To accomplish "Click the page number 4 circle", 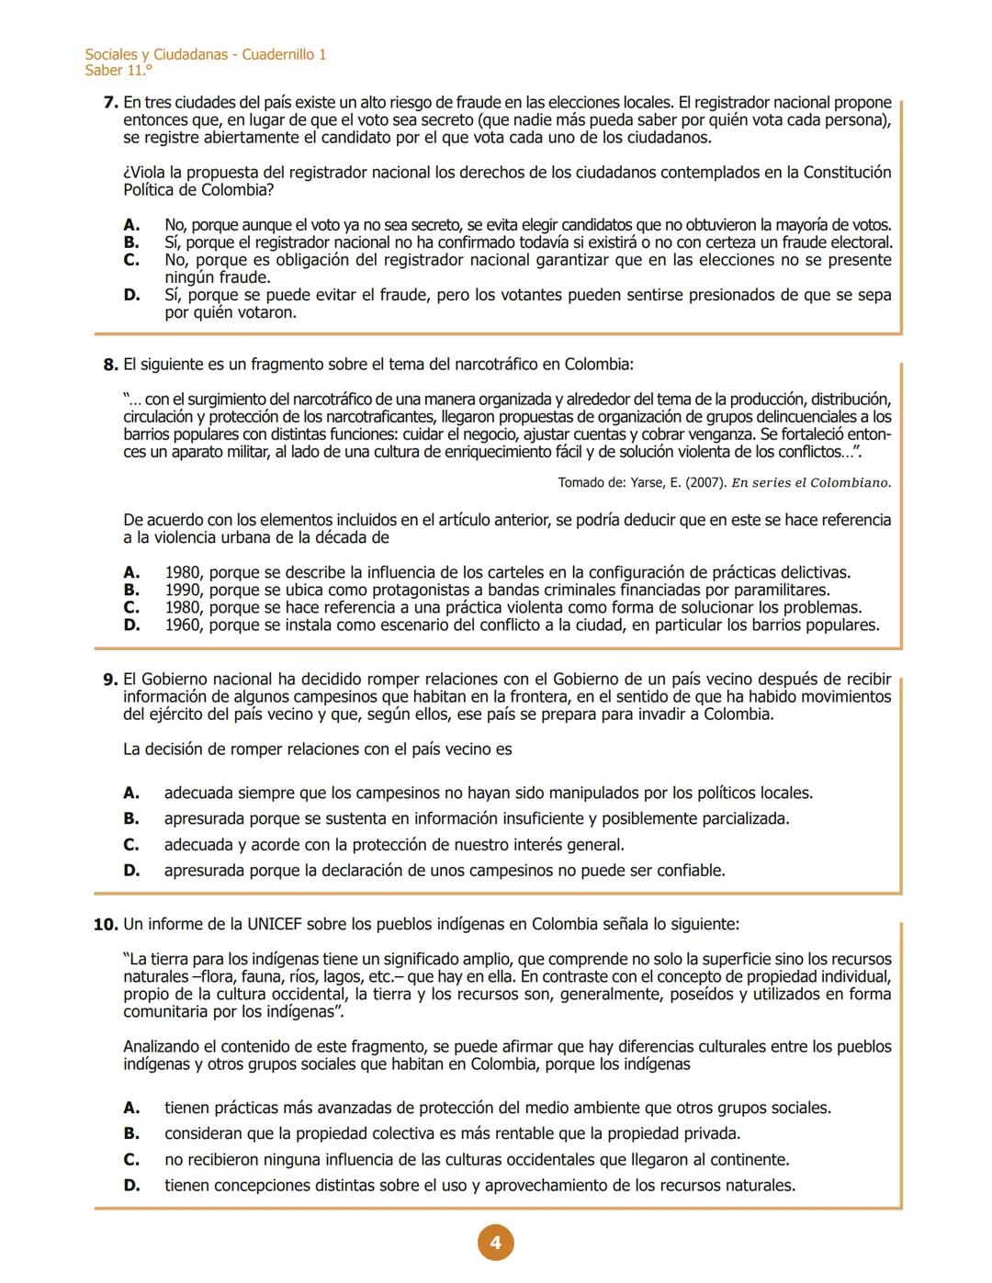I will [x=495, y=1243].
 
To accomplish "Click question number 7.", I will [x=111, y=103].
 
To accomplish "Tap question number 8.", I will [x=111, y=365].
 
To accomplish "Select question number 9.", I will [x=111, y=680].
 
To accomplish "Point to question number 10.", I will [x=107, y=924].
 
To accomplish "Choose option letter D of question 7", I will [x=132, y=296].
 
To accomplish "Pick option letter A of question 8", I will [x=132, y=573].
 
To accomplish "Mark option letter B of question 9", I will [x=132, y=818].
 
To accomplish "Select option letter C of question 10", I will [x=132, y=1160].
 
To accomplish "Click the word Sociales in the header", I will [x=111, y=54].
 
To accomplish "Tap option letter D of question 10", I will [x=132, y=1186].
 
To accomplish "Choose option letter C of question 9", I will [x=132, y=845].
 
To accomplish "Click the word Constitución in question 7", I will [x=847, y=173].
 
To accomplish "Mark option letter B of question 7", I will [x=132, y=243].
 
